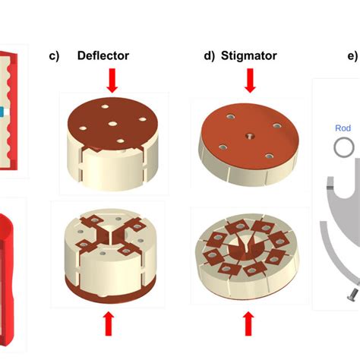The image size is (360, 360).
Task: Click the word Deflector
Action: [x=103, y=55]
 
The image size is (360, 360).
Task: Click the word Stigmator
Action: [x=249, y=55]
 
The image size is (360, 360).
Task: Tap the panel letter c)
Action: [x=54, y=56]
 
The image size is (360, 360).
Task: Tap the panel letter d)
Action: [x=209, y=56]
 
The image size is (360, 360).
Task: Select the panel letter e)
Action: [x=352, y=56]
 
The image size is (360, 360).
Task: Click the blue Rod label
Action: [x=343, y=128]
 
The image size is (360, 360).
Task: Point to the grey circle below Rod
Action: [x=344, y=147]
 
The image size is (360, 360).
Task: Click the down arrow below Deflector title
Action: [x=112, y=81]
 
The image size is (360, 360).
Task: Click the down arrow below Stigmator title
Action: [x=250, y=81]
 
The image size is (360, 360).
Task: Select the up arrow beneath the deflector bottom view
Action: [x=109, y=324]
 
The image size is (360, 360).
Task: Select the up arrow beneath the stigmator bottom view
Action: [x=248, y=324]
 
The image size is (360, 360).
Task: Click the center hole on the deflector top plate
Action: [x=112, y=124]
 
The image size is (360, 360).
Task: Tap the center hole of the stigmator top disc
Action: [x=250, y=137]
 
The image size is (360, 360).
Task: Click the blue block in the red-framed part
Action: [x=2, y=112]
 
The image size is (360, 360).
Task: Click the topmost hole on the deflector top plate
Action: [x=106, y=106]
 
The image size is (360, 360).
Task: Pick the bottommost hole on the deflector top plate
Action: [x=121, y=141]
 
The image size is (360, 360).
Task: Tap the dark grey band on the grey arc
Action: [x=330, y=188]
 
